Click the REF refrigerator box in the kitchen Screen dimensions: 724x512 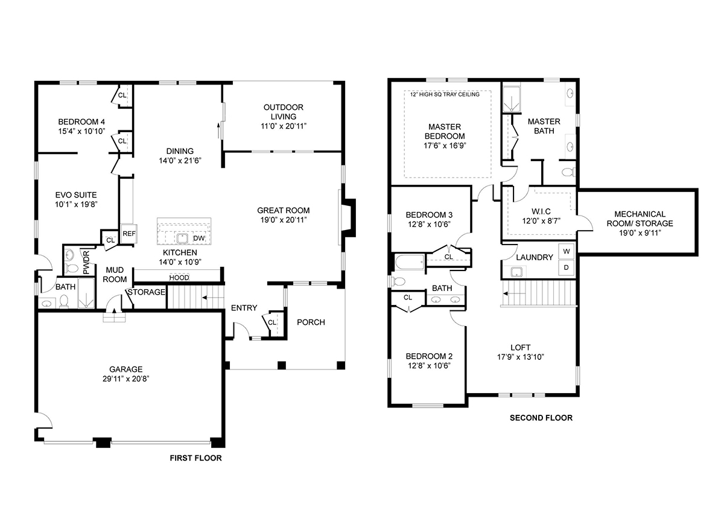pos(129,234)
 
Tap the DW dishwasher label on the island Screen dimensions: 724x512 pos(198,238)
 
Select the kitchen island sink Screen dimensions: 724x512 pos(182,238)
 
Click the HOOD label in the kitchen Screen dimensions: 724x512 pos(179,278)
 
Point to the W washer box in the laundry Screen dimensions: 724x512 pos(567,251)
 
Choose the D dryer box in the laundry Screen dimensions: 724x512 pos(567,267)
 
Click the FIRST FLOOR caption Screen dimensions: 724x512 pos(196,458)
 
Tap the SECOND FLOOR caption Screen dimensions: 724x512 pos(541,418)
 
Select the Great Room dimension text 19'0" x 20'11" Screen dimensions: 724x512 pos(284,220)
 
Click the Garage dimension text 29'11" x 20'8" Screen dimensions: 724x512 pos(125,379)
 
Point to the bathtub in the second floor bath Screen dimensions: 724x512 pos(410,262)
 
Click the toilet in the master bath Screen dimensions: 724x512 pos(568,172)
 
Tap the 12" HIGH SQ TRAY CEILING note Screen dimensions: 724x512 pos(445,94)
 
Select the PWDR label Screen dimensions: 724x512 pos(86,263)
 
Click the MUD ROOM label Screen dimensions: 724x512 pos(115,275)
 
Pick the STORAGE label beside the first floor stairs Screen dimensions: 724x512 pos(147,292)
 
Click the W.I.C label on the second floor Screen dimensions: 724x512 pos(541,211)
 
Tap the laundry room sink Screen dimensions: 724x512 pos(516,272)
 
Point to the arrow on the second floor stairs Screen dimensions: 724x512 pos(514,293)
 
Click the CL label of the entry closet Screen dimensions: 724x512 pos(272,322)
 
